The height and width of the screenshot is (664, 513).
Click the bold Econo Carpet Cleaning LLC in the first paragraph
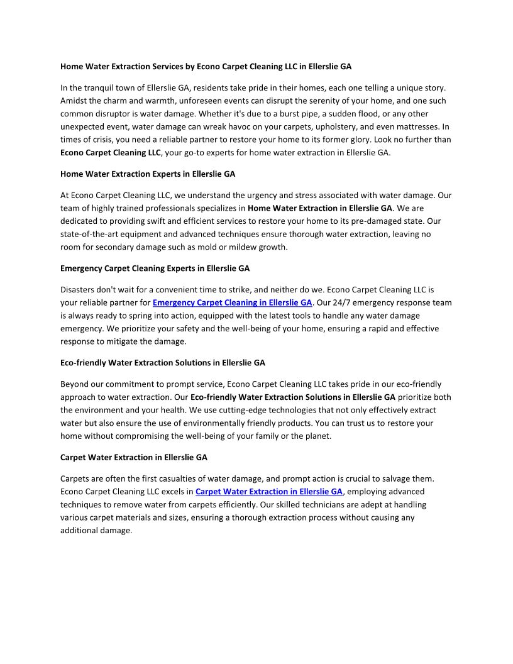(111, 153)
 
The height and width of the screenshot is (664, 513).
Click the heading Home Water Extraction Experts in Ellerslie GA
(148, 174)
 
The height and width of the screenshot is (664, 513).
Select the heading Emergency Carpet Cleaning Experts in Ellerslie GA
(155, 268)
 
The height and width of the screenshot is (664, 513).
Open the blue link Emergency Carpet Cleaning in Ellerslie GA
(232, 302)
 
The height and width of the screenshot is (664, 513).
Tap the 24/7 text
(343, 302)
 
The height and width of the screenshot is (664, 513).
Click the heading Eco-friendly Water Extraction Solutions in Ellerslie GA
(162, 363)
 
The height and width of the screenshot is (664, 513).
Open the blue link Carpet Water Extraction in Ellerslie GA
(269, 491)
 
